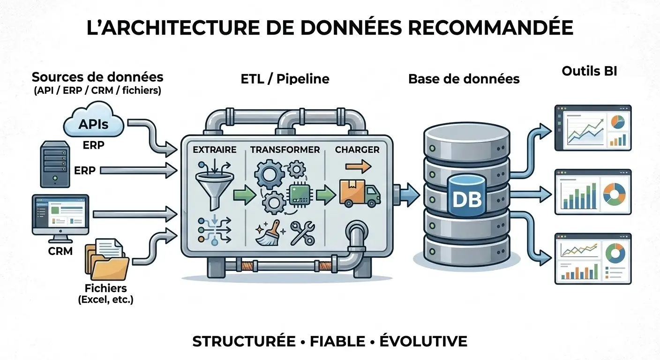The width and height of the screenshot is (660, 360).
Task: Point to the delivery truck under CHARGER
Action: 360,194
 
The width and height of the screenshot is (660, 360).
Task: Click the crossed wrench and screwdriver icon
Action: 302,233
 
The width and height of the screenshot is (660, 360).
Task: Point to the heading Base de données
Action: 464,79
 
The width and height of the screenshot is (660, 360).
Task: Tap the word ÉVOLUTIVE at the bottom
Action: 423,341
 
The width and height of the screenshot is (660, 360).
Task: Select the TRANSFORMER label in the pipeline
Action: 285,150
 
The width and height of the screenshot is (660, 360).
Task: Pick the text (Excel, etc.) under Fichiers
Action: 105,300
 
